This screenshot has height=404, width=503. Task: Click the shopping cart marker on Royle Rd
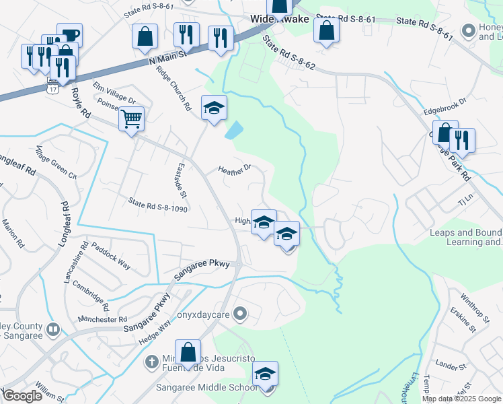click(x=132, y=119)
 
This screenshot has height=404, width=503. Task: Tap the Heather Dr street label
click(x=234, y=168)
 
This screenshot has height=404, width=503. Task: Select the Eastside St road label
click(x=180, y=180)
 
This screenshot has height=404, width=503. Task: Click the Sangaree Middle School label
click(x=206, y=387)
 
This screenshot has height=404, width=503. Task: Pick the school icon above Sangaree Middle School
click(x=266, y=374)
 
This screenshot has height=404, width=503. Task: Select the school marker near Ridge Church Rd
click(x=214, y=108)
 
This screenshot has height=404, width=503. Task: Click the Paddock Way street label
click(x=111, y=256)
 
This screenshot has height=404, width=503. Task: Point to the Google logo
click(x=23, y=397)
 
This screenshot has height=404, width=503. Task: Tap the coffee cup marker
click(x=69, y=35)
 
